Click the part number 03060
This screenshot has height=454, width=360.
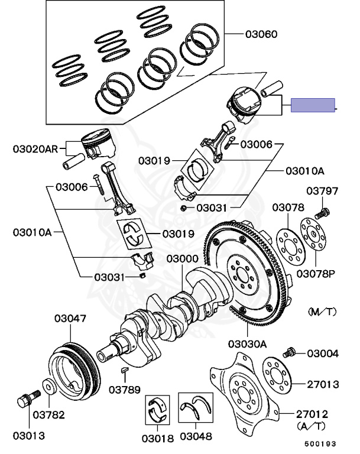261,34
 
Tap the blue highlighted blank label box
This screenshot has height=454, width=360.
313,105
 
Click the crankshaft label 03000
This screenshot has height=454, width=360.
182,259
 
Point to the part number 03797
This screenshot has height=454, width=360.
322,191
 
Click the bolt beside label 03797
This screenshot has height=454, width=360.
323,211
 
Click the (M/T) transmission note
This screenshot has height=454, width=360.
322,310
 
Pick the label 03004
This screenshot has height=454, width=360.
323,354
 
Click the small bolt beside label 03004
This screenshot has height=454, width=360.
290,352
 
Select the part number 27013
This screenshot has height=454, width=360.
323,384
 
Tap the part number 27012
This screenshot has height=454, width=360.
323,413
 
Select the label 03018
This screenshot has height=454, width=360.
157,438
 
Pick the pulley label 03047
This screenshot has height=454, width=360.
71,319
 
